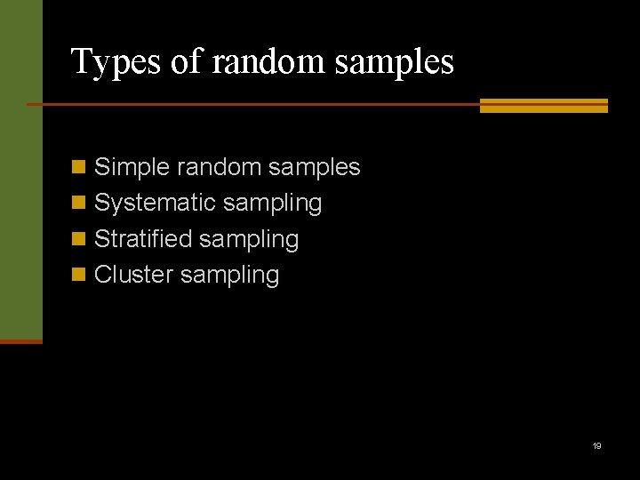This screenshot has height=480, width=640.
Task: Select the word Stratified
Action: [x=143, y=239]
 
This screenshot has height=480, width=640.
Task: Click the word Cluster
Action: [x=133, y=275]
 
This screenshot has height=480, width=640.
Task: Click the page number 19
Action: [x=597, y=445]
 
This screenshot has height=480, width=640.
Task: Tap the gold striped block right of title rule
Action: [x=543, y=105]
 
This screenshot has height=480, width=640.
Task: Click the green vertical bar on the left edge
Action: [x=20, y=169]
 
